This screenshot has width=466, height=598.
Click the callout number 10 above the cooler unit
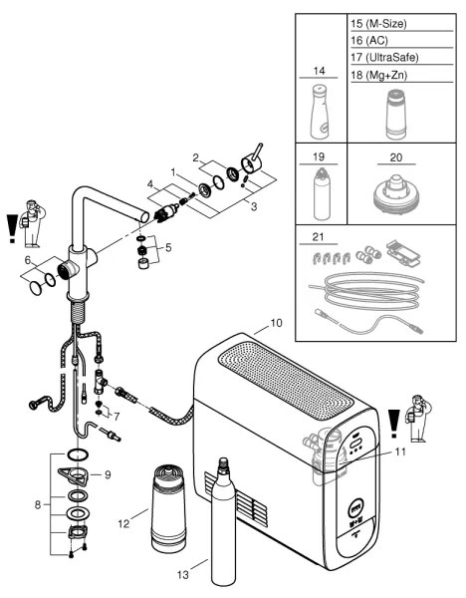click(x=276, y=325)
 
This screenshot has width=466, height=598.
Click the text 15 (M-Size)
click(x=379, y=22)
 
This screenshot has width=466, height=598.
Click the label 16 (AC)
click(x=369, y=40)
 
